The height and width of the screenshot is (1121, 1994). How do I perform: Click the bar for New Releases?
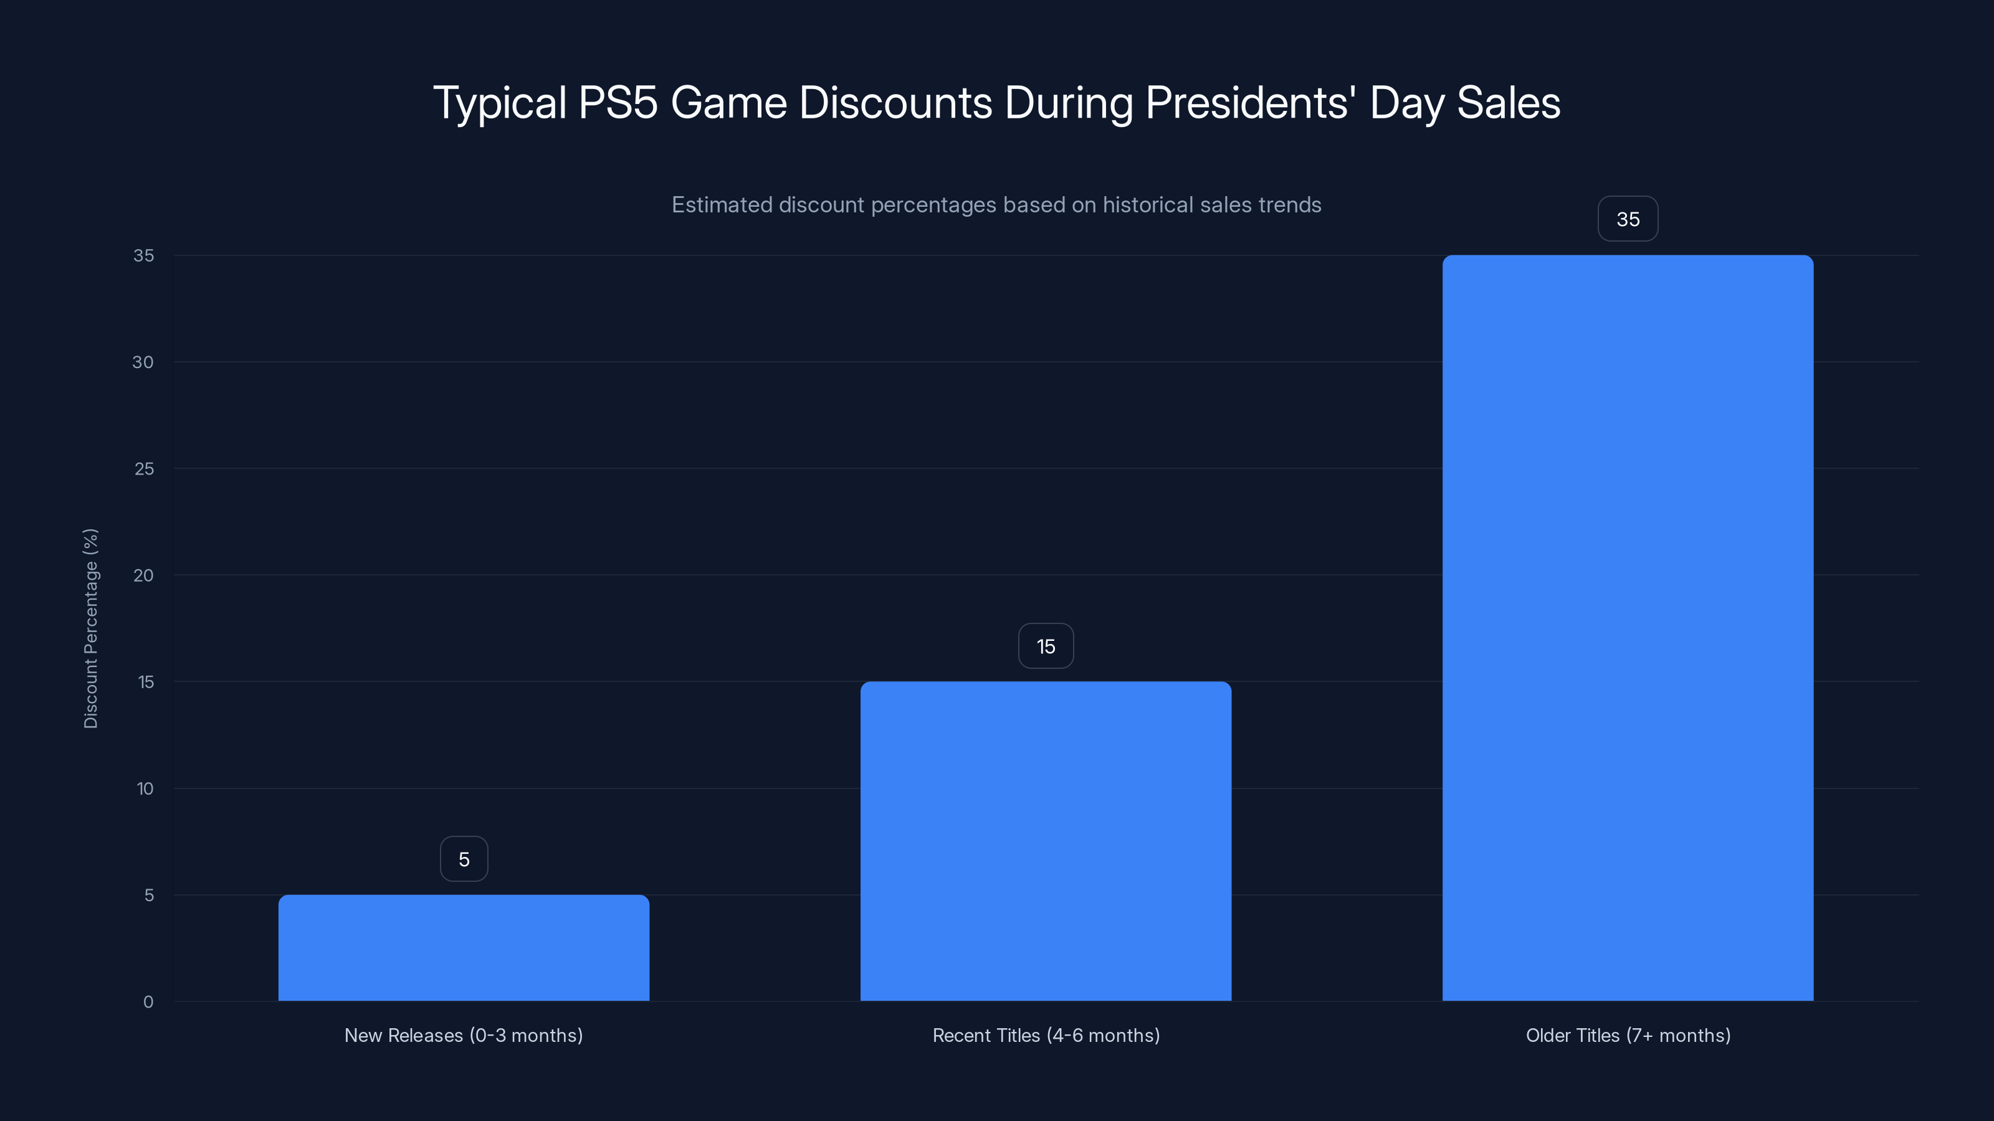click(x=464, y=948)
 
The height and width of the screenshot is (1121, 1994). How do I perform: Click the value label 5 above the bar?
click(x=464, y=859)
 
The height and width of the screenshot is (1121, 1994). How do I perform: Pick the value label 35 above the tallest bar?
click(x=1628, y=220)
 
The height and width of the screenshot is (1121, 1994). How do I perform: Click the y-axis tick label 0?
click(x=148, y=1002)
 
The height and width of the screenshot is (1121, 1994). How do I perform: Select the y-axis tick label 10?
click(x=145, y=788)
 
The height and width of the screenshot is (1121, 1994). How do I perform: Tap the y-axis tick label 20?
click(x=143, y=575)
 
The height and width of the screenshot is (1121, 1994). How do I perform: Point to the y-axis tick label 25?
click(x=144, y=469)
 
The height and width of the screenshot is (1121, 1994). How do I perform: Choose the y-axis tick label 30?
click(x=143, y=362)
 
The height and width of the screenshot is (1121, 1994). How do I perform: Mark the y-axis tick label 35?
click(x=144, y=255)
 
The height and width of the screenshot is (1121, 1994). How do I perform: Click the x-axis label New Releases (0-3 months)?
click(x=464, y=1035)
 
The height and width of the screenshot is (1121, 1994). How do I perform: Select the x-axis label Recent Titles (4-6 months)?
click(x=1046, y=1035)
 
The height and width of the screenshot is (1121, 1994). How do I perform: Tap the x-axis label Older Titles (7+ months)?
click(x=1628, y=1035)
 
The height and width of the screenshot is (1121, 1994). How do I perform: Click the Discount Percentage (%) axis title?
click(x=90, y=628)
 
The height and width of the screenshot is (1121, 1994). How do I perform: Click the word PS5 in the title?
click(x=618, y=102)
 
